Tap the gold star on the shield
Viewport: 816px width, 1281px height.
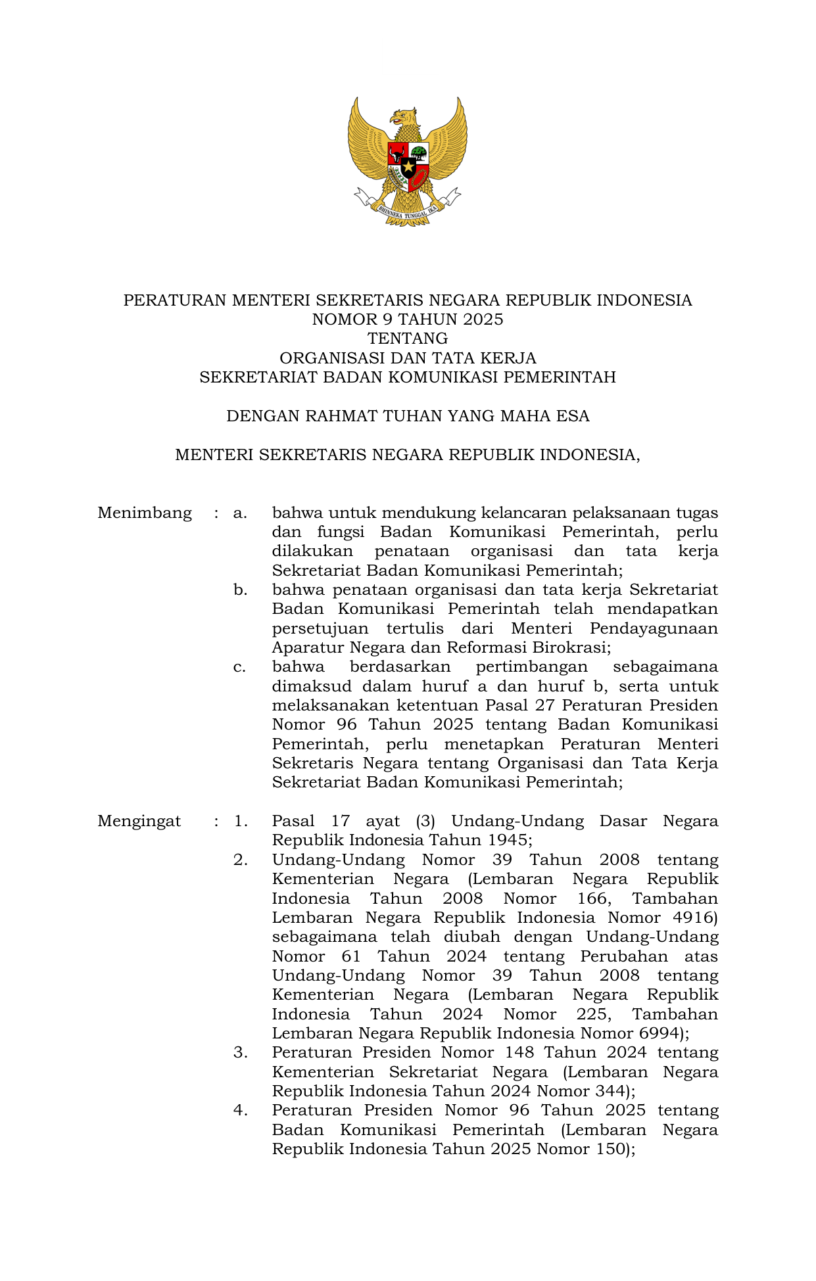pos(408,167)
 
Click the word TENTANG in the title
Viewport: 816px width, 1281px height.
pos(408,338)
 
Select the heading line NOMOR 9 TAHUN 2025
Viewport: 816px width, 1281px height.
pos(408,319)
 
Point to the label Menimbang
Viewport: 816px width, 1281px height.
pos(145,513)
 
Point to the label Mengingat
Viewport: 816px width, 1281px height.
pos(139,821)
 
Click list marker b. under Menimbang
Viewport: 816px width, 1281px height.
pos(240,590)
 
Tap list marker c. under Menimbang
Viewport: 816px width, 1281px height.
pos(240,667)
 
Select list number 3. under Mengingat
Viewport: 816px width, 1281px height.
pos(240,1052)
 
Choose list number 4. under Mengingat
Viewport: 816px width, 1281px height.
pos(240,1110)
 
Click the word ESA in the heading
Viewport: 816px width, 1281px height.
pos(573,416)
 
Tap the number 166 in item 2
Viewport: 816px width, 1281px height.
pos(592,898)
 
